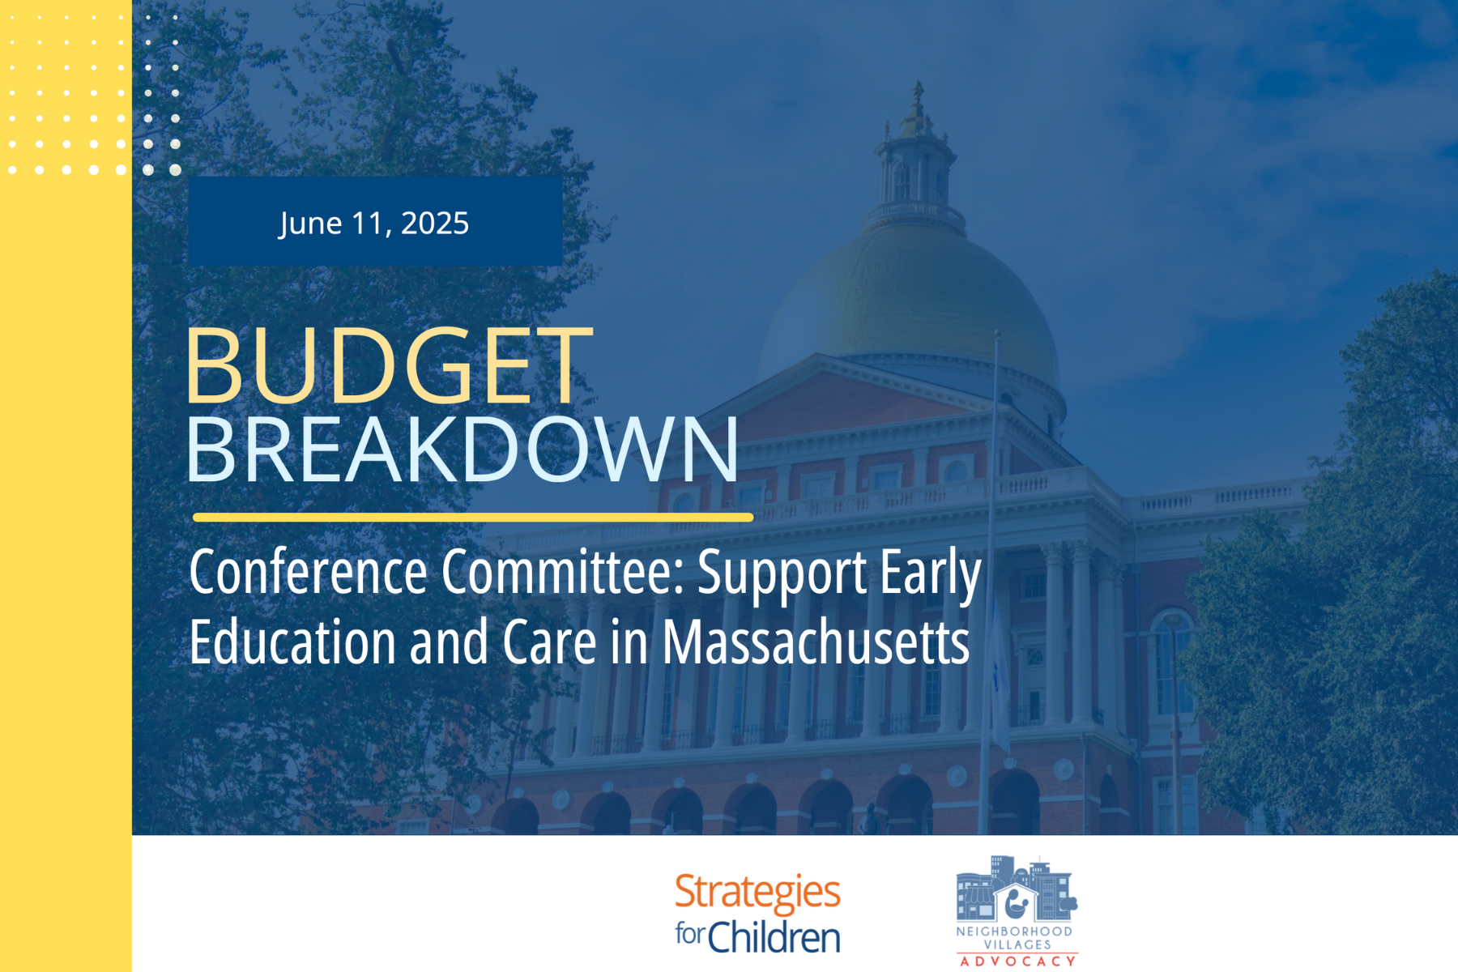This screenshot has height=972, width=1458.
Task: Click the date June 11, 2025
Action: coord(374,224)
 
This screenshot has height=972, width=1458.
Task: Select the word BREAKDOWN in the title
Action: coord(463,450)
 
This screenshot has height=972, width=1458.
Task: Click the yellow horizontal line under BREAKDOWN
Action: coord(473,517)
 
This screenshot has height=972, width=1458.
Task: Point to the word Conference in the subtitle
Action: coord(309,572)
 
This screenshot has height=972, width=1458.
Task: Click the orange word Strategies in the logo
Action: coord(757,893)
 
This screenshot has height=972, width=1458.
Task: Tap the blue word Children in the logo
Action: coord(774,937)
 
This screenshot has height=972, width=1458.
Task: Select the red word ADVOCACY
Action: coord(1017,961)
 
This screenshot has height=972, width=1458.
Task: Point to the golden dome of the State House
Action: coord(911,300)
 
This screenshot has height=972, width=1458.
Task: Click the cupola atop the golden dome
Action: coord(916,154)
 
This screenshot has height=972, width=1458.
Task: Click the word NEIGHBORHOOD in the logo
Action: coord(1014,932)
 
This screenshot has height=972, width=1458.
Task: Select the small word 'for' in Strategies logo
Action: coord(690,934)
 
